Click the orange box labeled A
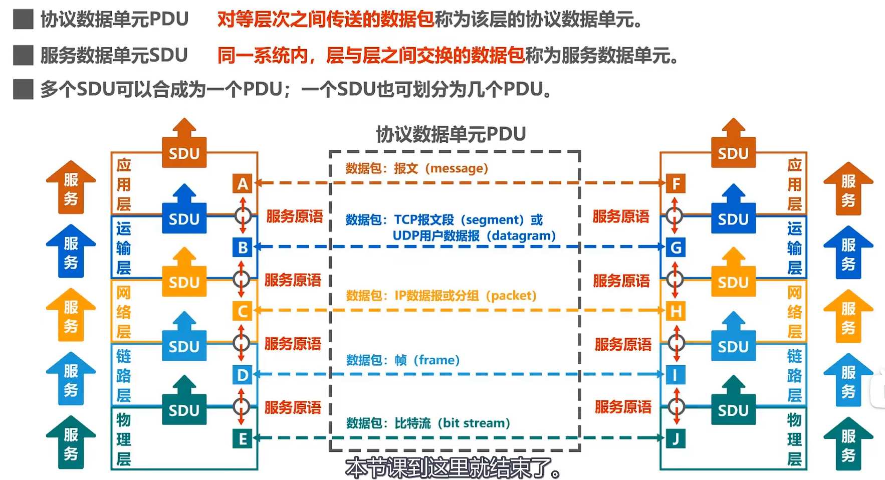pos(243,184)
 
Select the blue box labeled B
pos(243,248)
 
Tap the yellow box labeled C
pos(243,311)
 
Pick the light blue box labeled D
pos(243,375)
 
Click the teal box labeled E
pos(243,439)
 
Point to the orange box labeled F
pos(676,184)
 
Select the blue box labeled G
pos(676,248)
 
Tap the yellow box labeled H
pos(676,311)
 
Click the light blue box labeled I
pos(676,375)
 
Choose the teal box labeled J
pos(676,439)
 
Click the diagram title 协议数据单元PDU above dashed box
pos(451,134)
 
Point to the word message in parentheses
pos(456,168)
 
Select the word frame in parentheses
pos(436,360)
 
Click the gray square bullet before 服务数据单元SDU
pos(23,55)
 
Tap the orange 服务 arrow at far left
pos(71,187)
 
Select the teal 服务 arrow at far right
pos(848,444)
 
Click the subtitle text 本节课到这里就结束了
pos(453,468)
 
